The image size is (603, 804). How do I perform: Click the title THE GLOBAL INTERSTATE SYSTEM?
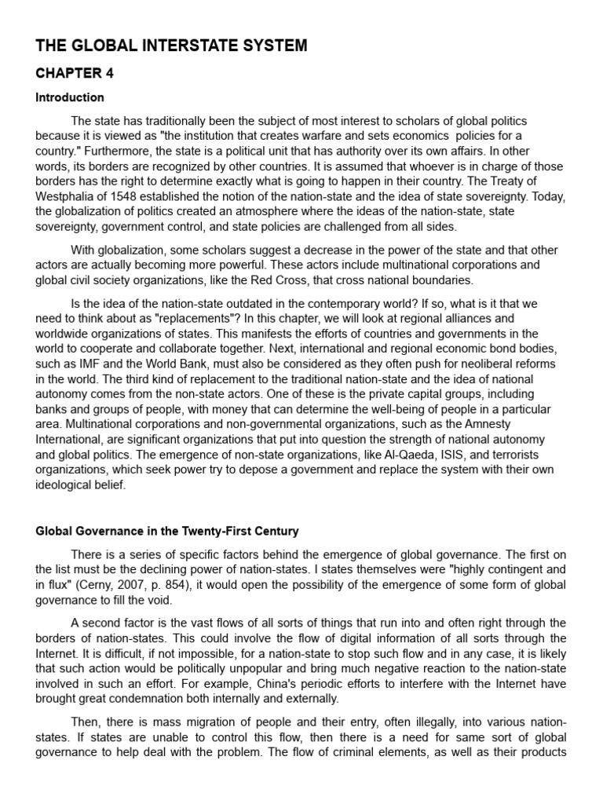click(x=171, y=46)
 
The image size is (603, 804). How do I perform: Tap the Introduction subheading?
click(x=70, y=98)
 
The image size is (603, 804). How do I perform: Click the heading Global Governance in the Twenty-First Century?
click(x=167, y=531)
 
